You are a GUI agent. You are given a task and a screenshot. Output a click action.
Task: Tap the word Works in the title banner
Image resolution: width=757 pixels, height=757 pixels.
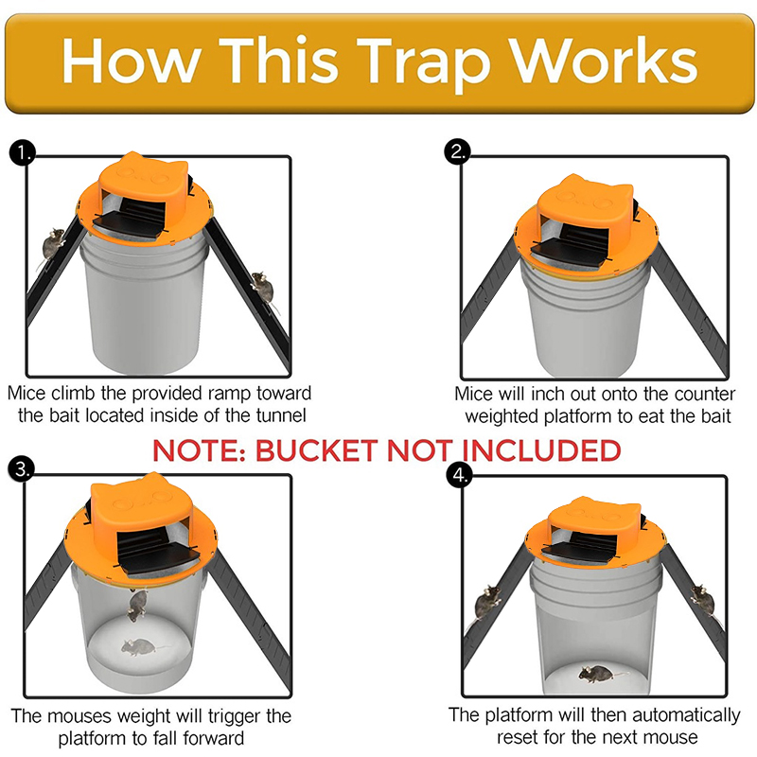(x=606, y=62)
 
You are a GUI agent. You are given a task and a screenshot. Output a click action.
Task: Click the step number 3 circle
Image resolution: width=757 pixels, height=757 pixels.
(x=21, y=467)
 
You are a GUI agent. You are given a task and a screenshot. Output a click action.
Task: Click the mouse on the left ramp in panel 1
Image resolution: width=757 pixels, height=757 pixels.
(x=54, y=244)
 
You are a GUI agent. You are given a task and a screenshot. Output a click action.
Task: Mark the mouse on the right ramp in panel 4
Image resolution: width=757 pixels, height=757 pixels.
(x=701, y=595)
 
